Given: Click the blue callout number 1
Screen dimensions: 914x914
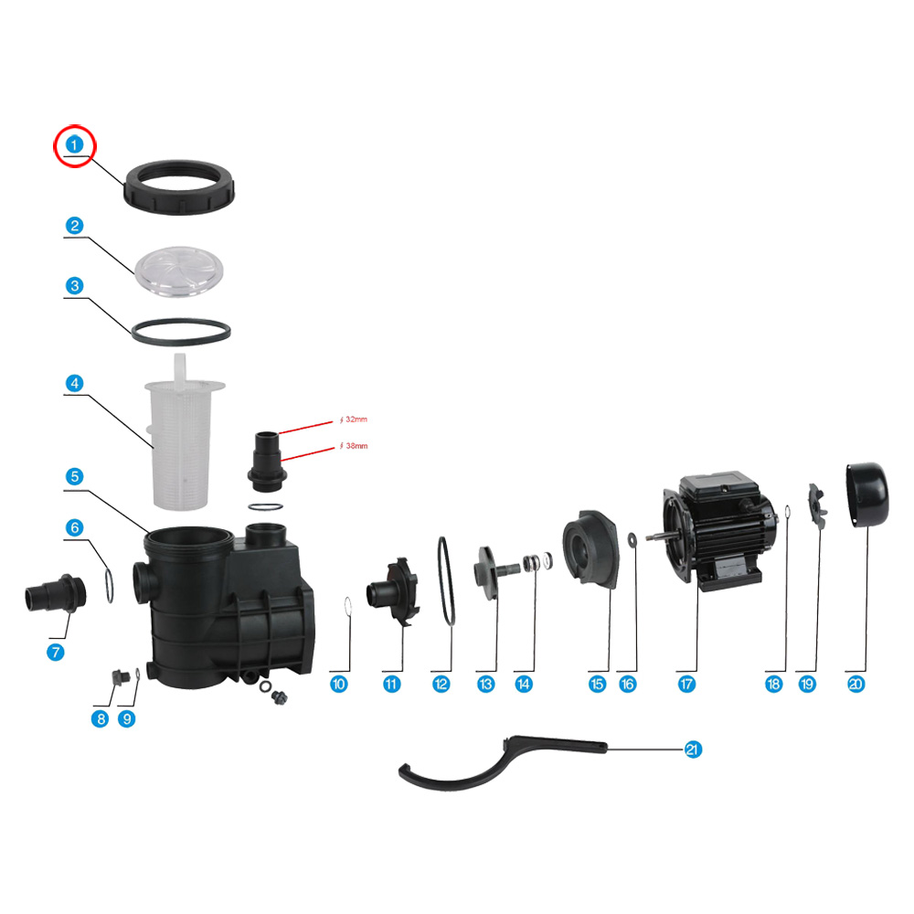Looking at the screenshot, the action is pyautogui.click(x=74, y=144).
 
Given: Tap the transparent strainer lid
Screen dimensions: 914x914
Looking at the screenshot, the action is pyautogui.click(x=179, y=271).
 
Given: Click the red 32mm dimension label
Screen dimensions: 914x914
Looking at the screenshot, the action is pyautogui.click(x=354, y=420).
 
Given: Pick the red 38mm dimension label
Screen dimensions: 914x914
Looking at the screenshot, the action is pyautogui.click(x=355, y=446).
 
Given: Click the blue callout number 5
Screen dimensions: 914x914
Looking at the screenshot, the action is pyautogui.click(x=74, y=476).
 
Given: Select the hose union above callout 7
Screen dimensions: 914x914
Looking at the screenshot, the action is pyautogui.click(x=56, y=593).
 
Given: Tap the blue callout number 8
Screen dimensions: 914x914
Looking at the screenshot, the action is pyautogui.click(x=101, y=718).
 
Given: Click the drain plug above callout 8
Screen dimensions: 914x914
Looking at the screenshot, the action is pyautogui.click(x=120, y=677).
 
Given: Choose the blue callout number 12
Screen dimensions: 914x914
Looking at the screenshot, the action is pyautogui.click(x=441, y=684).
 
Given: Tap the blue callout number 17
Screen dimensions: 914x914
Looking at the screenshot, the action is pyautogui.click(x=686, y=684).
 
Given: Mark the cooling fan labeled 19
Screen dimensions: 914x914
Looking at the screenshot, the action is pyautogui.click(x=816, y=506).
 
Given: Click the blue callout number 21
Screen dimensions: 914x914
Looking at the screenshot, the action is pyautogui.click(x=693, y=749).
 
